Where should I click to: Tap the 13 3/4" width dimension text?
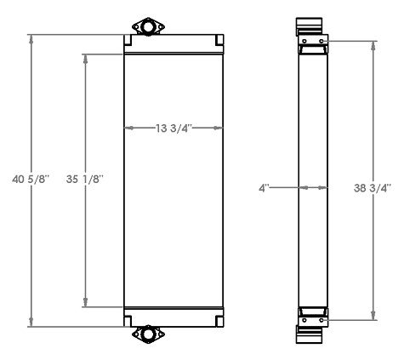174,129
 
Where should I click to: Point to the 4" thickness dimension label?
265,186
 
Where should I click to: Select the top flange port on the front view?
148,27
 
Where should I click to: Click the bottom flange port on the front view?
148,334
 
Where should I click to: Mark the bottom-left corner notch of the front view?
127,320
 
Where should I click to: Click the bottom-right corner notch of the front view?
219,320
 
